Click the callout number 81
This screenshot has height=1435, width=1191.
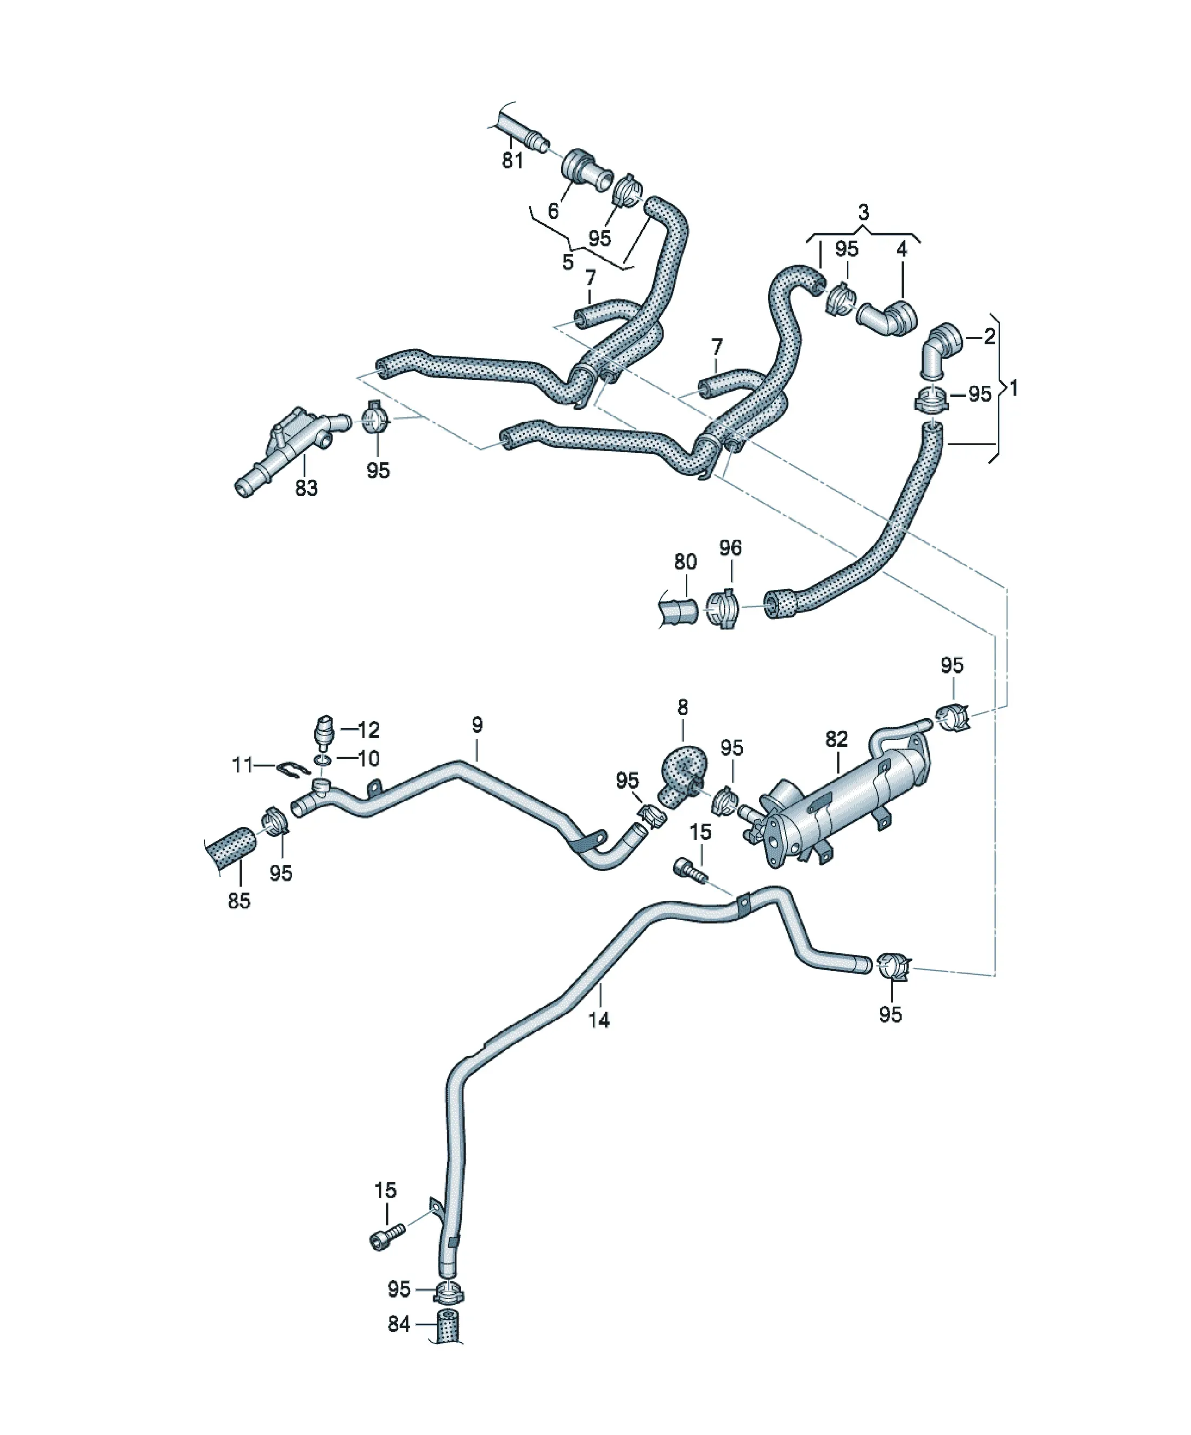pyautogui.click(x=512, y=161)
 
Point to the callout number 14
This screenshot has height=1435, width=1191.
pyautogui.click(x=598, y=1020)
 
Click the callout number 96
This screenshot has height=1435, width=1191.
pyautogui.click(x=730, y=547)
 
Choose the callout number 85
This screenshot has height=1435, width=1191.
pyautogui.click(x=239, y=901)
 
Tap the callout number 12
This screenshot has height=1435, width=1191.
pyautogui.click(x=369, y=730)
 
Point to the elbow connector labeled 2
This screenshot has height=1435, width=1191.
pyautogui.click(x=941, y=349)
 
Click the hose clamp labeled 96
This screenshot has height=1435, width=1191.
pyautogui.click(x=723, y=606)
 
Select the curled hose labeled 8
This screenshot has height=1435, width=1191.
pyautogui.click(x=679, y=773)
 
